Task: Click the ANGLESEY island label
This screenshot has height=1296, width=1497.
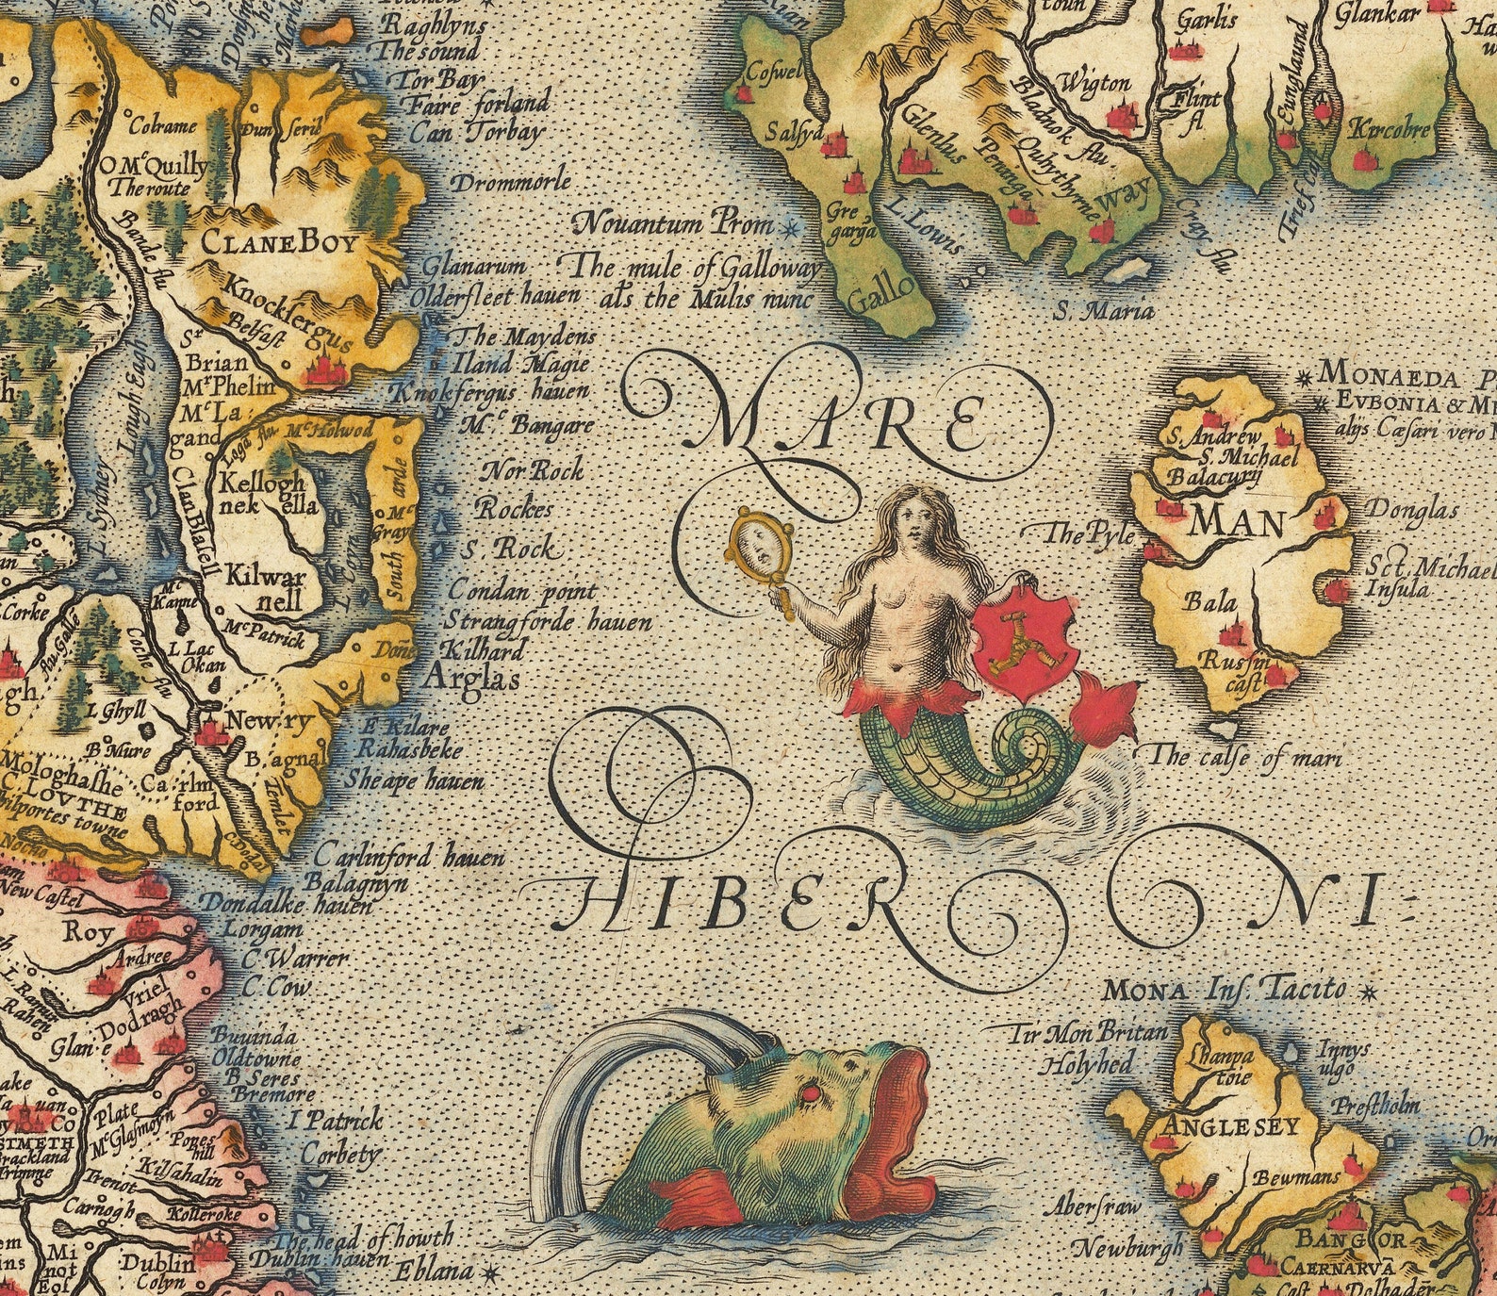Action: (x=1231, y=1126)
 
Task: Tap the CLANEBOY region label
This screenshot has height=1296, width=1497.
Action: (x=280, y=244)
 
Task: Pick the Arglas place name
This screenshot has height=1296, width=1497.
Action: (x=471, y=677)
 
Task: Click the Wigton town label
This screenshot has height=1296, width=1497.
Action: (x=1094, y=85)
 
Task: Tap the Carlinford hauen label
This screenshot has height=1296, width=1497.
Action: (x=408, y=858)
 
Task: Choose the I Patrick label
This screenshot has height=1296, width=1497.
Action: (x=336, y=1121)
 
